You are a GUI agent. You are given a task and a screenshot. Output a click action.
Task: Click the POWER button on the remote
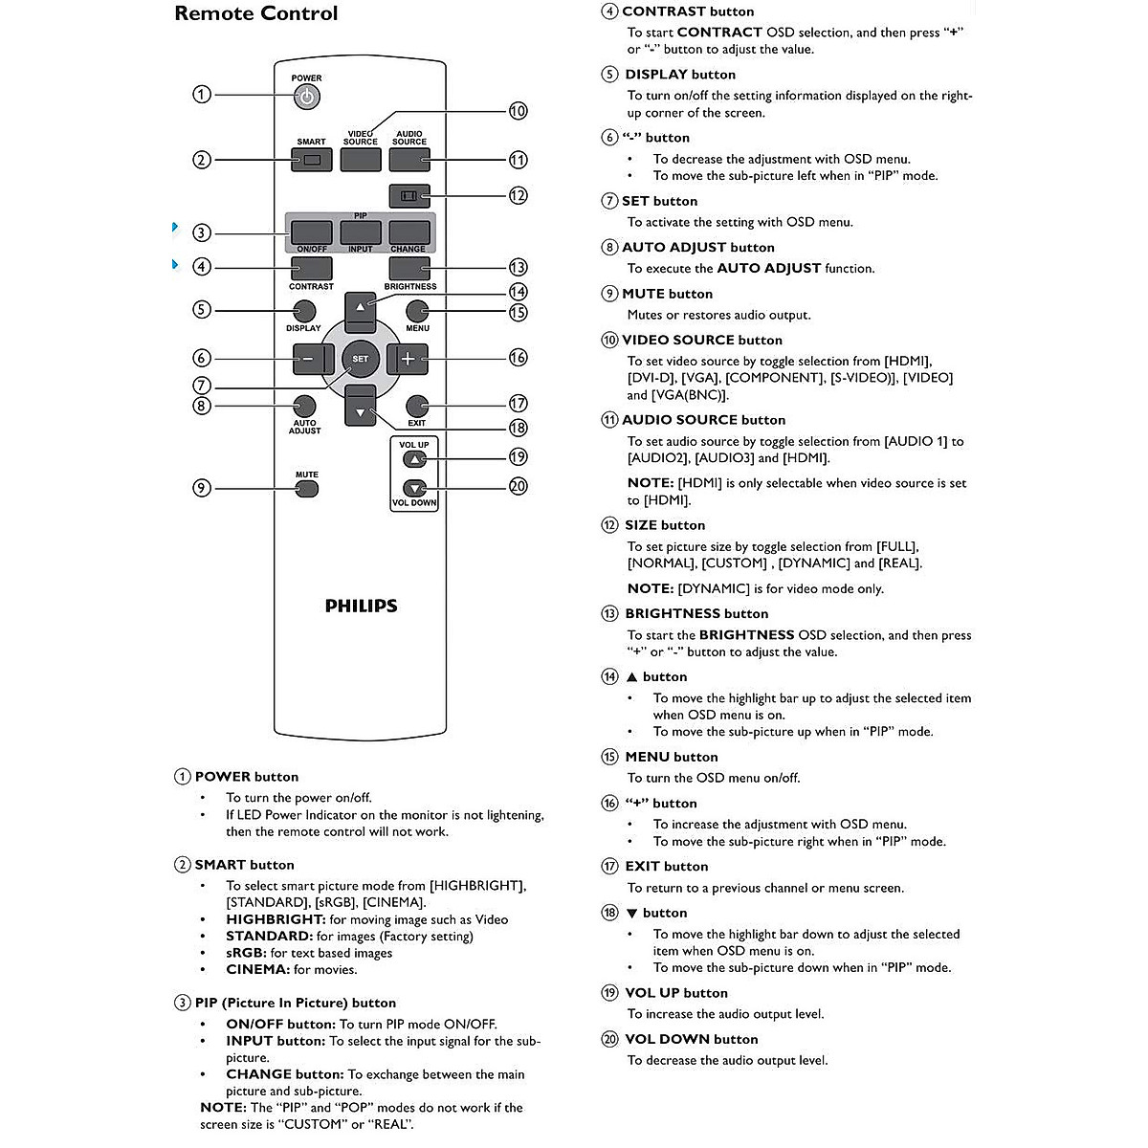[306, 97]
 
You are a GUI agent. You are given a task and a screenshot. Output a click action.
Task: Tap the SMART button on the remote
[311, 160]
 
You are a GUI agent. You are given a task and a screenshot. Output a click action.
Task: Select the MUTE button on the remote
[306, 489]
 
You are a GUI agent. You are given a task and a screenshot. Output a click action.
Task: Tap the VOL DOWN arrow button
[414, 488]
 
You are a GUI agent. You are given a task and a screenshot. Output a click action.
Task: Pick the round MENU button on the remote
[416, 311]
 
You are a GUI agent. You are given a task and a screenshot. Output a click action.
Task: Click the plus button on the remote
[408, 359]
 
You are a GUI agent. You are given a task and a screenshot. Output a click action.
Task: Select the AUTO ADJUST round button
[304, 406]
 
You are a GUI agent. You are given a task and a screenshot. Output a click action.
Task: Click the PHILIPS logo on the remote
[361, 606]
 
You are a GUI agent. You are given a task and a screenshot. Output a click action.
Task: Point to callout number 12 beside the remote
[518, 195]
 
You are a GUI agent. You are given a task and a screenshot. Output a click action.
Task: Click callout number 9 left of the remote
[201, 488]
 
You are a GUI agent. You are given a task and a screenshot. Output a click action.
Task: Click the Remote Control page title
[256, 13]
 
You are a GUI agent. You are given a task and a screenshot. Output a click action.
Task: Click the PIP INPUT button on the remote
[361, 232]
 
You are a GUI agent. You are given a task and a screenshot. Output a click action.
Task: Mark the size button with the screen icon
[409, 195]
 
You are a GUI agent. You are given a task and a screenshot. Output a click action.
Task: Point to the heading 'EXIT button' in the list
[666, 866]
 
